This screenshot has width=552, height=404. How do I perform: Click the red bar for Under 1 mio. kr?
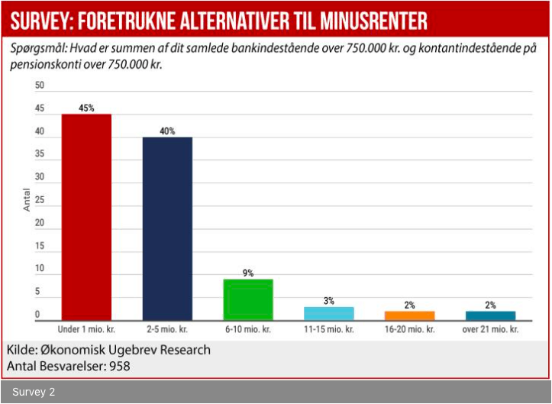86,217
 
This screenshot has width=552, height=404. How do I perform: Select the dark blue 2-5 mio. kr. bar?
167,228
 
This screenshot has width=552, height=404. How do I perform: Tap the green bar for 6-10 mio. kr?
248,299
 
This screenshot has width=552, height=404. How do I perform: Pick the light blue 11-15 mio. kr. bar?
329,313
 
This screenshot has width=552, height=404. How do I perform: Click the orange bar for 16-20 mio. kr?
410,315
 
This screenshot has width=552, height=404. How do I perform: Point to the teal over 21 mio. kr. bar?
491,315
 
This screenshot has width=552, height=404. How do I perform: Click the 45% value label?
86,108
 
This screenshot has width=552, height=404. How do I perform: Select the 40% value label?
167,131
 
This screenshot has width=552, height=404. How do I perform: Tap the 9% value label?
248,273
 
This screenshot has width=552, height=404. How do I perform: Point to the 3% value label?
329,301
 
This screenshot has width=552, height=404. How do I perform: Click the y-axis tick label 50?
39,86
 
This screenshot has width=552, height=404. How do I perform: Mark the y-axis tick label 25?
39,201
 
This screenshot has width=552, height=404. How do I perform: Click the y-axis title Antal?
27,200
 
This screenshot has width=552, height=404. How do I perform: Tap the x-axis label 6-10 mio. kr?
248,331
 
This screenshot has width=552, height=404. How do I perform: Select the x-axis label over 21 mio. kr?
491,331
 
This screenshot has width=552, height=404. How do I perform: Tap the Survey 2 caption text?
34,393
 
